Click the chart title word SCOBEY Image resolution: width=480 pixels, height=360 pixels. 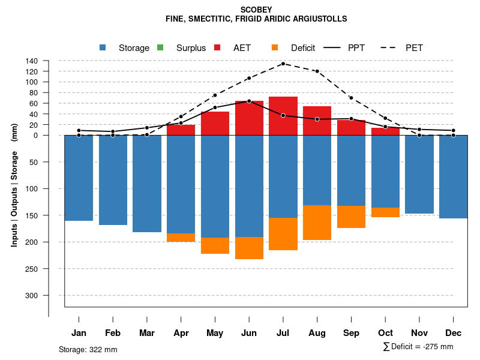pyautogui.click(x=256, y=10)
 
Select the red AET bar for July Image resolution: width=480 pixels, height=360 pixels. pyautogui.click(x=283, y=116)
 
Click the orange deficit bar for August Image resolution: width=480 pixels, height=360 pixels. pyautogui.click(x=317, y=223)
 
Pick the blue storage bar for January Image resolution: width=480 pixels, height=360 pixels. pyautogui.click(x=79, y=178)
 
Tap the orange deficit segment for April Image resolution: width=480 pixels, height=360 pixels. pyautogui.click(x=181, y=238)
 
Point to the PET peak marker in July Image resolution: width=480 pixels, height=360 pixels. pyautogui.click(x=283, y=64)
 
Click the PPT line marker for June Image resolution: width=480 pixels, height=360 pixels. pyautogui.click(x=249, y=101)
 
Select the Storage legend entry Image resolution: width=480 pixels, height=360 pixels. pyautogui.click(x=133, y=48)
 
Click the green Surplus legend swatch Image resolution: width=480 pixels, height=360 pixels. pyautogui.click(x=160, y=48)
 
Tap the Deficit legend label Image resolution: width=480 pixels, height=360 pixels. pyautogui.click(x=304, y=48)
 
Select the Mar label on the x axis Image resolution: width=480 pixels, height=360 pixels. pyautogui.click(x=147, y=333)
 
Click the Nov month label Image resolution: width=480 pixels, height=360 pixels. pyautogui.click(x=419, y=333)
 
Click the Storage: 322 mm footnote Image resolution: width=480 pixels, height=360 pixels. pyautogui.click(x=88, y=349)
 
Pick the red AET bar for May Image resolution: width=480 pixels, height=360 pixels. pyautogui.click(x=215, y=124)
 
